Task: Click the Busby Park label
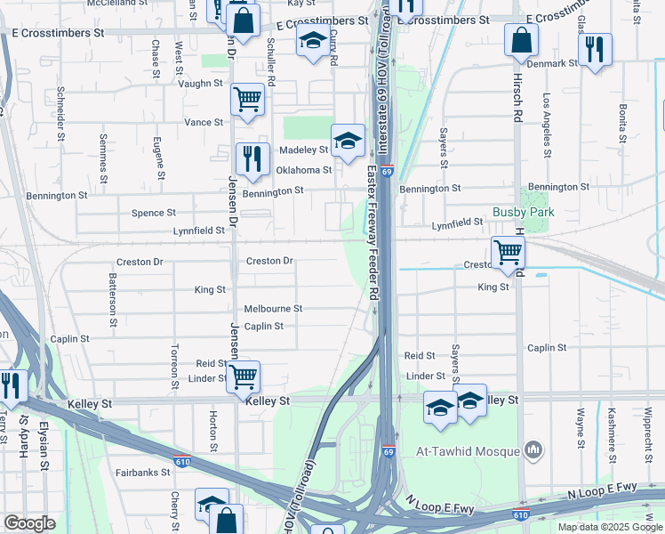click(x=524, y=213)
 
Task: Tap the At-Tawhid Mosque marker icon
click(x=533, y=450)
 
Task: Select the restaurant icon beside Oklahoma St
click(x=252, y=158)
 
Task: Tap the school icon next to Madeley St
click(x=348, y=140)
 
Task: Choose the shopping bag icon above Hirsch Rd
click(x=521, y=39)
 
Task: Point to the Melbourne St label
click(x=273, y=309)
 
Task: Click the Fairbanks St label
click(x=142, y=473)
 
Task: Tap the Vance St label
click(x=204, y=122)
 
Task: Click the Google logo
click(x=29, y=523)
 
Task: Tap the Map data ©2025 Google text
click(x=609, y=527)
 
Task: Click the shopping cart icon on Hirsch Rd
click(x=507, y=252)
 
